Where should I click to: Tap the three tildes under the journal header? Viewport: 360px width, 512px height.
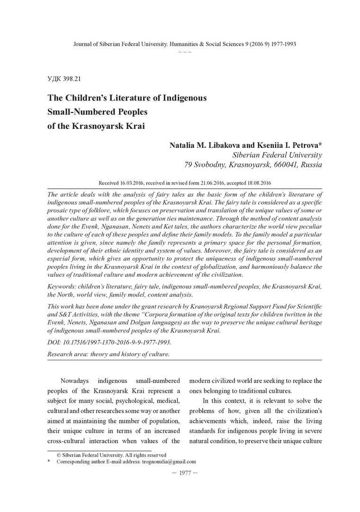point(185,51)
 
